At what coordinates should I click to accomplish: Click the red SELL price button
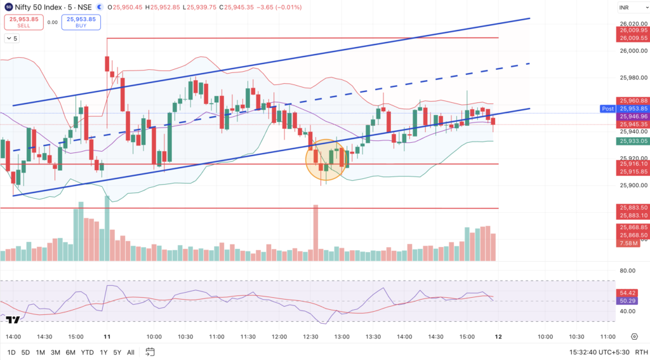(x=23, y=22)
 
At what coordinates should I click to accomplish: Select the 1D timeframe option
(x=11, y=352)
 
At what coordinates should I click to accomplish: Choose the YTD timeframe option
(x=88, y=352)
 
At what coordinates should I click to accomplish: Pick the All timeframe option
(x=130, y=352)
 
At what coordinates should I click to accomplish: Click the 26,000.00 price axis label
(x=632, y=51)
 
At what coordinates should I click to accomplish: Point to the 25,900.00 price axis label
(x=632, y=185)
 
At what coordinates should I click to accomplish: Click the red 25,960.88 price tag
(x=633, y=100)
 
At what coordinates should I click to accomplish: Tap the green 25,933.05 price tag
(x=633, y=141)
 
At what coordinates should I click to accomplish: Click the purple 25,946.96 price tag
(x=633, y=116)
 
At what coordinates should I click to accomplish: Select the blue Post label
(x=607, y=109)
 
